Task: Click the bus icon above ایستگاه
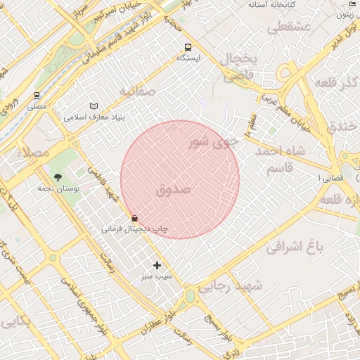click(x=188, y=47)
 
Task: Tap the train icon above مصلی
click(x=37, y=95)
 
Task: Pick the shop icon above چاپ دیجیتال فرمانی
click(x=134, y=218)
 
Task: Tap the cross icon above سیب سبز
click(x=157, y=265)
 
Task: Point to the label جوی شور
click(x=214, y=143)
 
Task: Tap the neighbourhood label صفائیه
click(x=136, y=91)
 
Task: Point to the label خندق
click(x=343, y=127)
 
